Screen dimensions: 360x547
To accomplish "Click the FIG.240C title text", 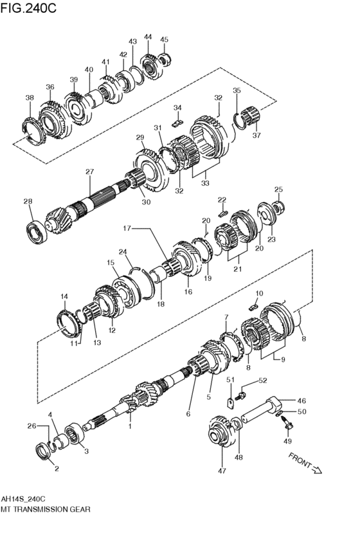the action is (x=28, y=8).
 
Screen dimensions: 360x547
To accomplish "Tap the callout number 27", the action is (x=89, y=171).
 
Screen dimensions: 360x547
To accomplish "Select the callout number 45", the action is (x=164, y=39).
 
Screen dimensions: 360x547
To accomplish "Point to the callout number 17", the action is (x=127, y=228).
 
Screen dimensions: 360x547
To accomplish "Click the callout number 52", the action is (x=262, y=381).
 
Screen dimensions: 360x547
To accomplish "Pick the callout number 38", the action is (x=30, y=98).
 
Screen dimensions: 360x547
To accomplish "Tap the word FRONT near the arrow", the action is (x=300, y=460).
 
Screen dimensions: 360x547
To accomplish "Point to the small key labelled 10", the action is (x=253, y=307).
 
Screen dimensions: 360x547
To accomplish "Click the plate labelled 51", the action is (x=231, y=403).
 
